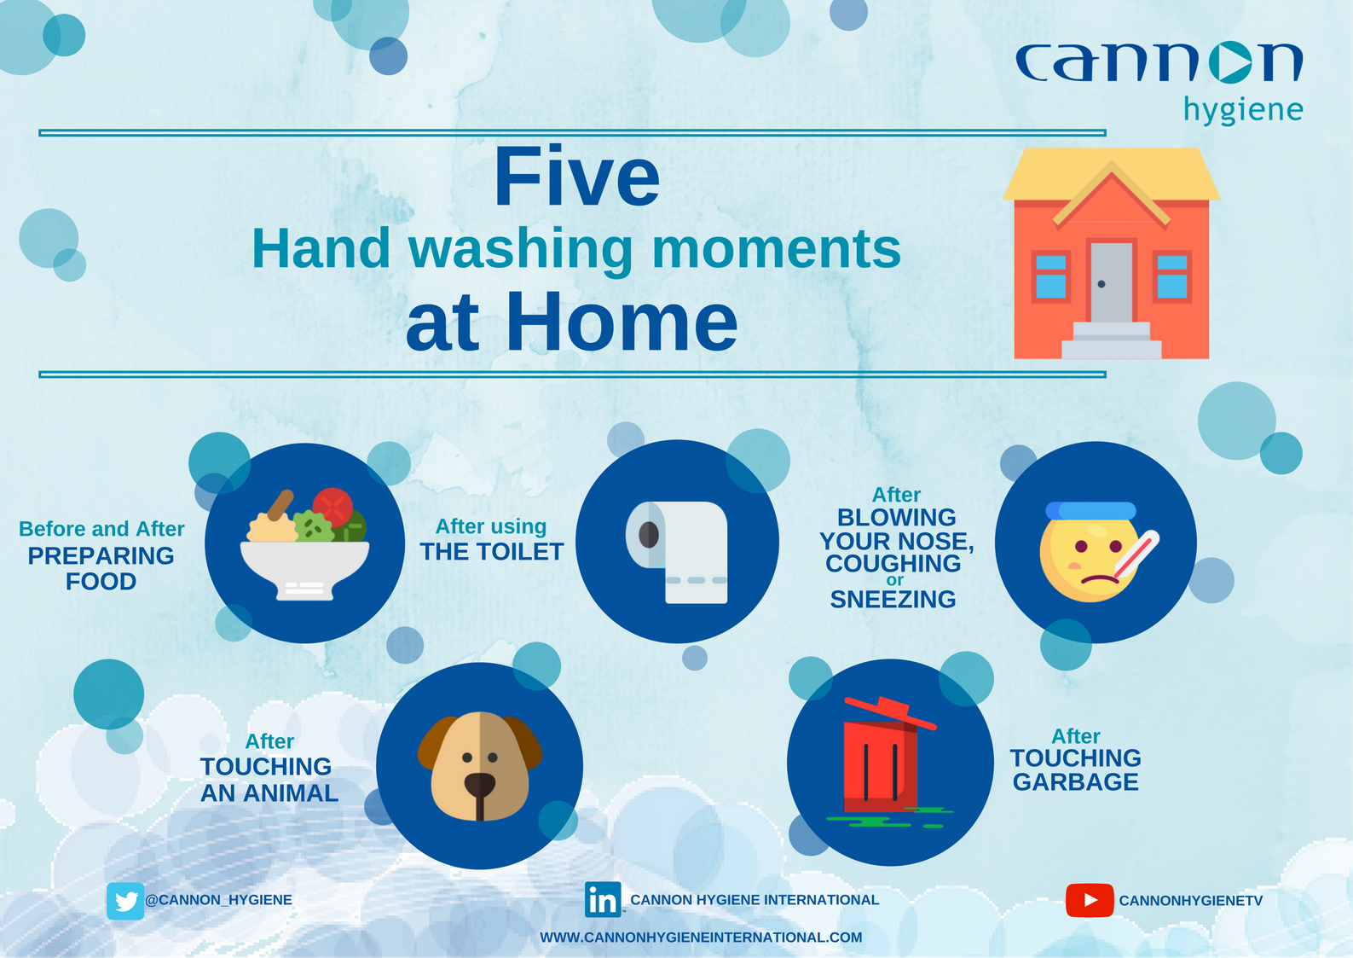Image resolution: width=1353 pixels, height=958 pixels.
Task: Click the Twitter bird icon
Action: [x=125, y=901]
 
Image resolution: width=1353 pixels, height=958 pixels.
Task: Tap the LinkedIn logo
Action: [x=603, y=899]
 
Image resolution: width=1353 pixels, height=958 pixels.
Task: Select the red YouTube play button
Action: [x=1090, y=900]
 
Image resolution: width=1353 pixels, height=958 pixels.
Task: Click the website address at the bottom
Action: [x=702, y=938]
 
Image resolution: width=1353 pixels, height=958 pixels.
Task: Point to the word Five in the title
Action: [x=577, y=177]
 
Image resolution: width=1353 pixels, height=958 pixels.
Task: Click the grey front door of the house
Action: [x=1112, y=282]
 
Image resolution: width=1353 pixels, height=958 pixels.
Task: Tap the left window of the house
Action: [x=1051, y=277]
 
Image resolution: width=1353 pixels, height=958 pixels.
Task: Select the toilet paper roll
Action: [x=677, y=551]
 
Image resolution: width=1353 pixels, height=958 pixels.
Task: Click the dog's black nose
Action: [x=480, y=784]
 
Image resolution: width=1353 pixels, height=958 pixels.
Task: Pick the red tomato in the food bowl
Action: [x=332, y=507]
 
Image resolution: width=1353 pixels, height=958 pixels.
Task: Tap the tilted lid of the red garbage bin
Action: [x=890, y=712]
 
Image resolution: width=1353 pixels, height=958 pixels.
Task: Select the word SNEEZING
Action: [x=893, y=600]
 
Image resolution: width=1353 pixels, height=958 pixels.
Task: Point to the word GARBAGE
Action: [x=1076, y=782]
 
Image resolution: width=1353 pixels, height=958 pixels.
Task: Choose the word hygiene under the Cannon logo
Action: [x=1243, y=111]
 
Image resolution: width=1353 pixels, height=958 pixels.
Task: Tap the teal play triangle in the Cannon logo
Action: [x=1231, y=62]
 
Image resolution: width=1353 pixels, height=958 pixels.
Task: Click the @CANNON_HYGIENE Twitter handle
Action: [x=218, y=900]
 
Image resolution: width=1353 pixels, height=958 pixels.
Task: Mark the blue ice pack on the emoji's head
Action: [x=1091, y=511]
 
